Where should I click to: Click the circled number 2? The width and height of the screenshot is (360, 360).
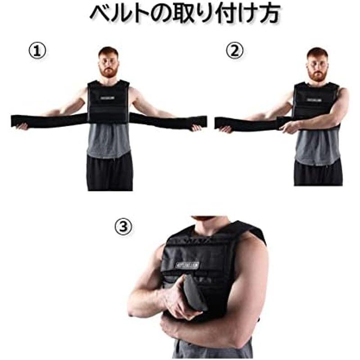point(234,51)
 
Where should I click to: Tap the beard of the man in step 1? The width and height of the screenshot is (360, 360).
point(108,72)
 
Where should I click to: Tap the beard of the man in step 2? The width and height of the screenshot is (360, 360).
point(318,75)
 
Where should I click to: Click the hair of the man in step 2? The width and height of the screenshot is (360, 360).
point(318,53)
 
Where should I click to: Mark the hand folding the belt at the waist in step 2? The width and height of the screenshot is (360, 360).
point(289,127)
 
